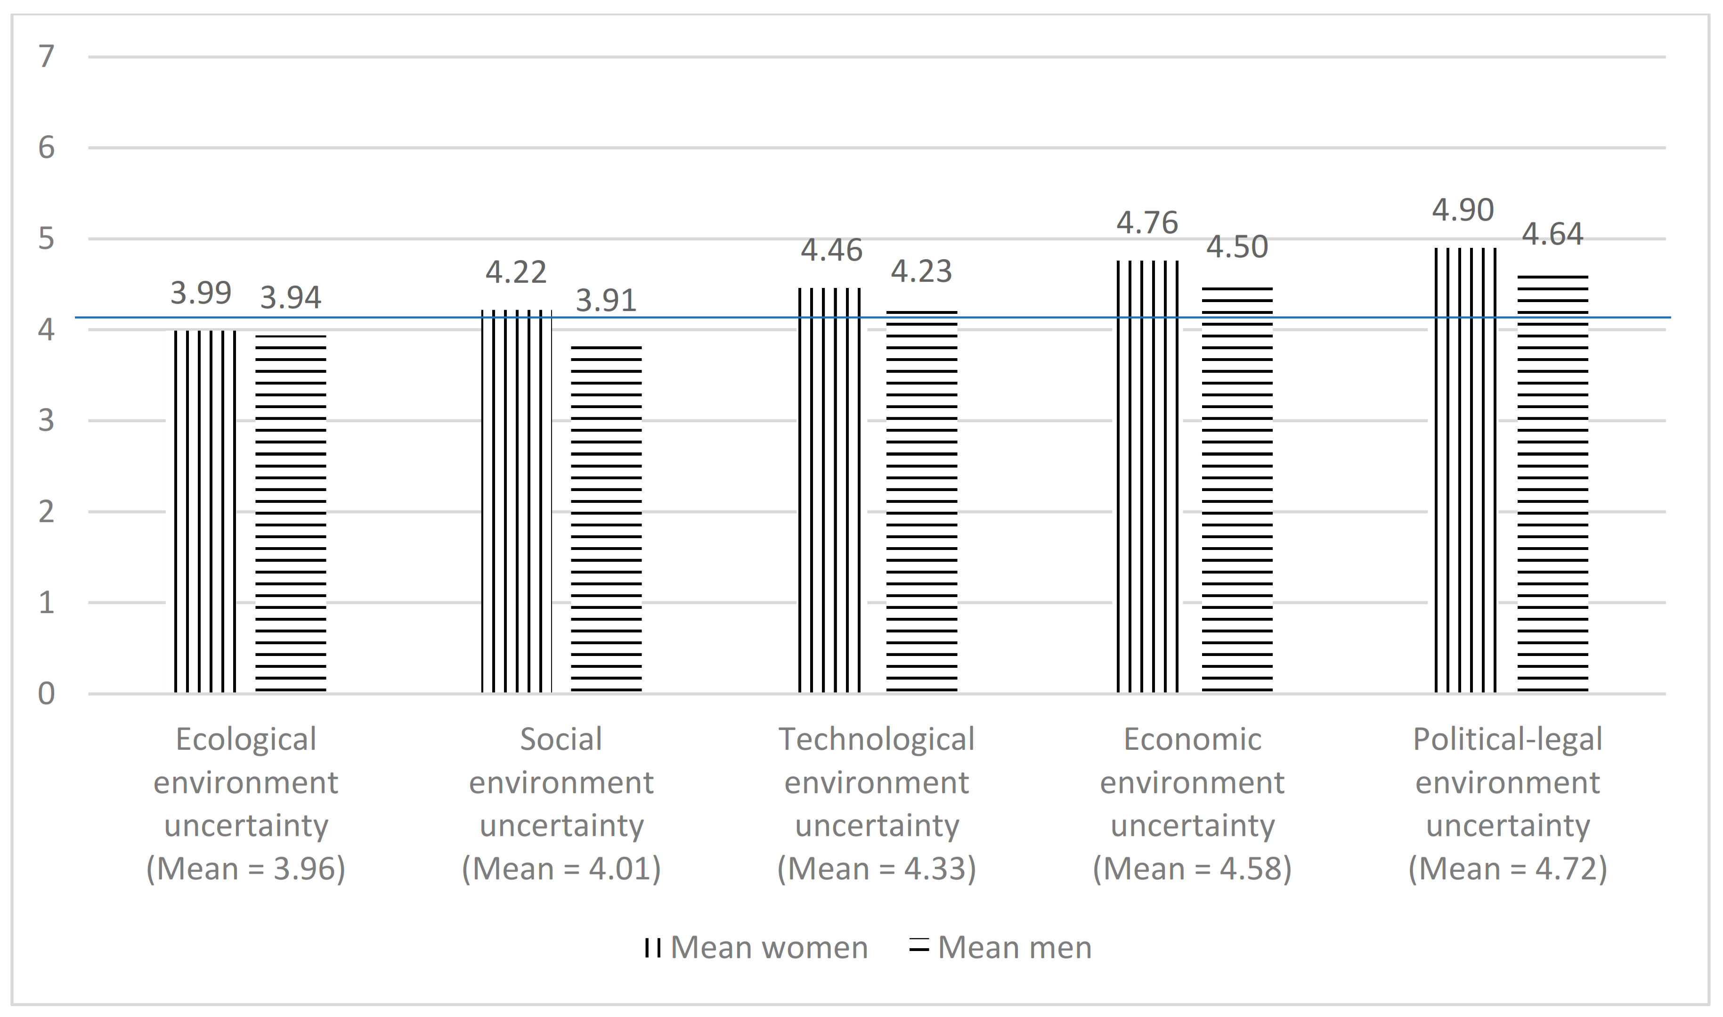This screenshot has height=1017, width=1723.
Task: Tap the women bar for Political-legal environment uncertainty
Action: [x=1465, y=470]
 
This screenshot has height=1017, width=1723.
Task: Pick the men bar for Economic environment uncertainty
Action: [x=1237, y=490]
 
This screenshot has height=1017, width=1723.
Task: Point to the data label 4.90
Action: [x=1463, y=210]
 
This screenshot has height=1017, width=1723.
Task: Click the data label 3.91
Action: [x=606, y=300]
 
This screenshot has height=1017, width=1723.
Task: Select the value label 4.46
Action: [x=831, y=250]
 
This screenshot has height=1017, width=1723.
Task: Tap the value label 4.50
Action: [x=1237, y=247]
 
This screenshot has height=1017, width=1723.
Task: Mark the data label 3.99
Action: [x=201, y=293]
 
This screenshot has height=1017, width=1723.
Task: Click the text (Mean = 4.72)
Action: [x=1507, y=868]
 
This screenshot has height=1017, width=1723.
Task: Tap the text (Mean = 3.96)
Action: [x=246, y=868]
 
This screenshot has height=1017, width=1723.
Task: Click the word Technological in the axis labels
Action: [x=876, y=739]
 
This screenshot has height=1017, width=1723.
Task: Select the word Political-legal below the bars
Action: [x=1507, y=739]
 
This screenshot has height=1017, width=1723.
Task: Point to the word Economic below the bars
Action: [x=1192, y=739]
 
